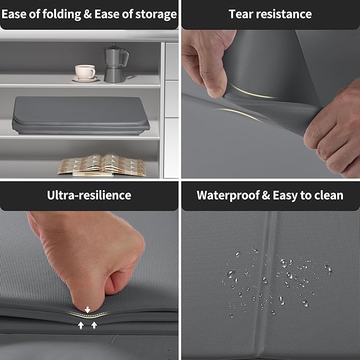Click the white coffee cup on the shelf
pyautogui.click(x=85, y=72)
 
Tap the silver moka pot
pyautogui.click(x=116, y=63)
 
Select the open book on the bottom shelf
pyautogui.click(x=102, y=165)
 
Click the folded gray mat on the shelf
pyautogui.click(x=81, y=116)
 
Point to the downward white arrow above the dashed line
pyautogui.click(x=87, y=310)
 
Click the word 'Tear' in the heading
pyautogui.click(x=241, y=14)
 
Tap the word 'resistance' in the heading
pyautogui.click(x=284, y=14)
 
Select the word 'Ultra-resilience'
pyautogui.click(x=89, y=195)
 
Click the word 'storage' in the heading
pyautogui.click(x=156, y=14)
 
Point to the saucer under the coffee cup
pyautogui.click(x=85, y=79)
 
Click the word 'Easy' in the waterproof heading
pyautogui.click(x=285, y=196)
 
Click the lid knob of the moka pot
pyautogui.click(x=113, y=45)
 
